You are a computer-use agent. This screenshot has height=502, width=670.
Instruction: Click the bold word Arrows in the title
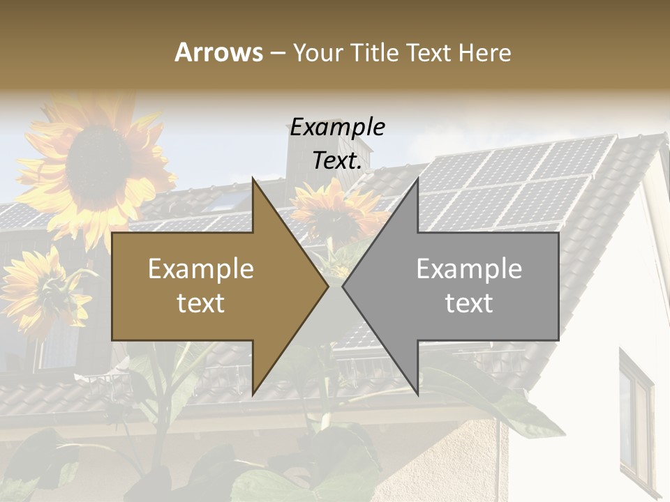click(218, 52)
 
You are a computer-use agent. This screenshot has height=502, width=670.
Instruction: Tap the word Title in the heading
click(374, 52)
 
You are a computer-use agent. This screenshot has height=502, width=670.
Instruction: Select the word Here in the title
click(484, 52)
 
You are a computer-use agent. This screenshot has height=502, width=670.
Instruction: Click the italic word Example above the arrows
click(337, 128)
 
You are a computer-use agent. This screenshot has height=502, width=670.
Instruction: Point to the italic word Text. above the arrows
click(337, 161)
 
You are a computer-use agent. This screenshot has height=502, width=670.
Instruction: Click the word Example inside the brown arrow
click(201, 269)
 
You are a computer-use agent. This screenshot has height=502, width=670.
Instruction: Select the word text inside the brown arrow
click(201, 303)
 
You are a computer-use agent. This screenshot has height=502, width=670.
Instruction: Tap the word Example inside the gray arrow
click(469, 269)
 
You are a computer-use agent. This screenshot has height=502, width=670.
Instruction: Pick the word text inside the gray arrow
click(469, 303)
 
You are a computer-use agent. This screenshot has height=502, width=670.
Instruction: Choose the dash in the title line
click(277, 53)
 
